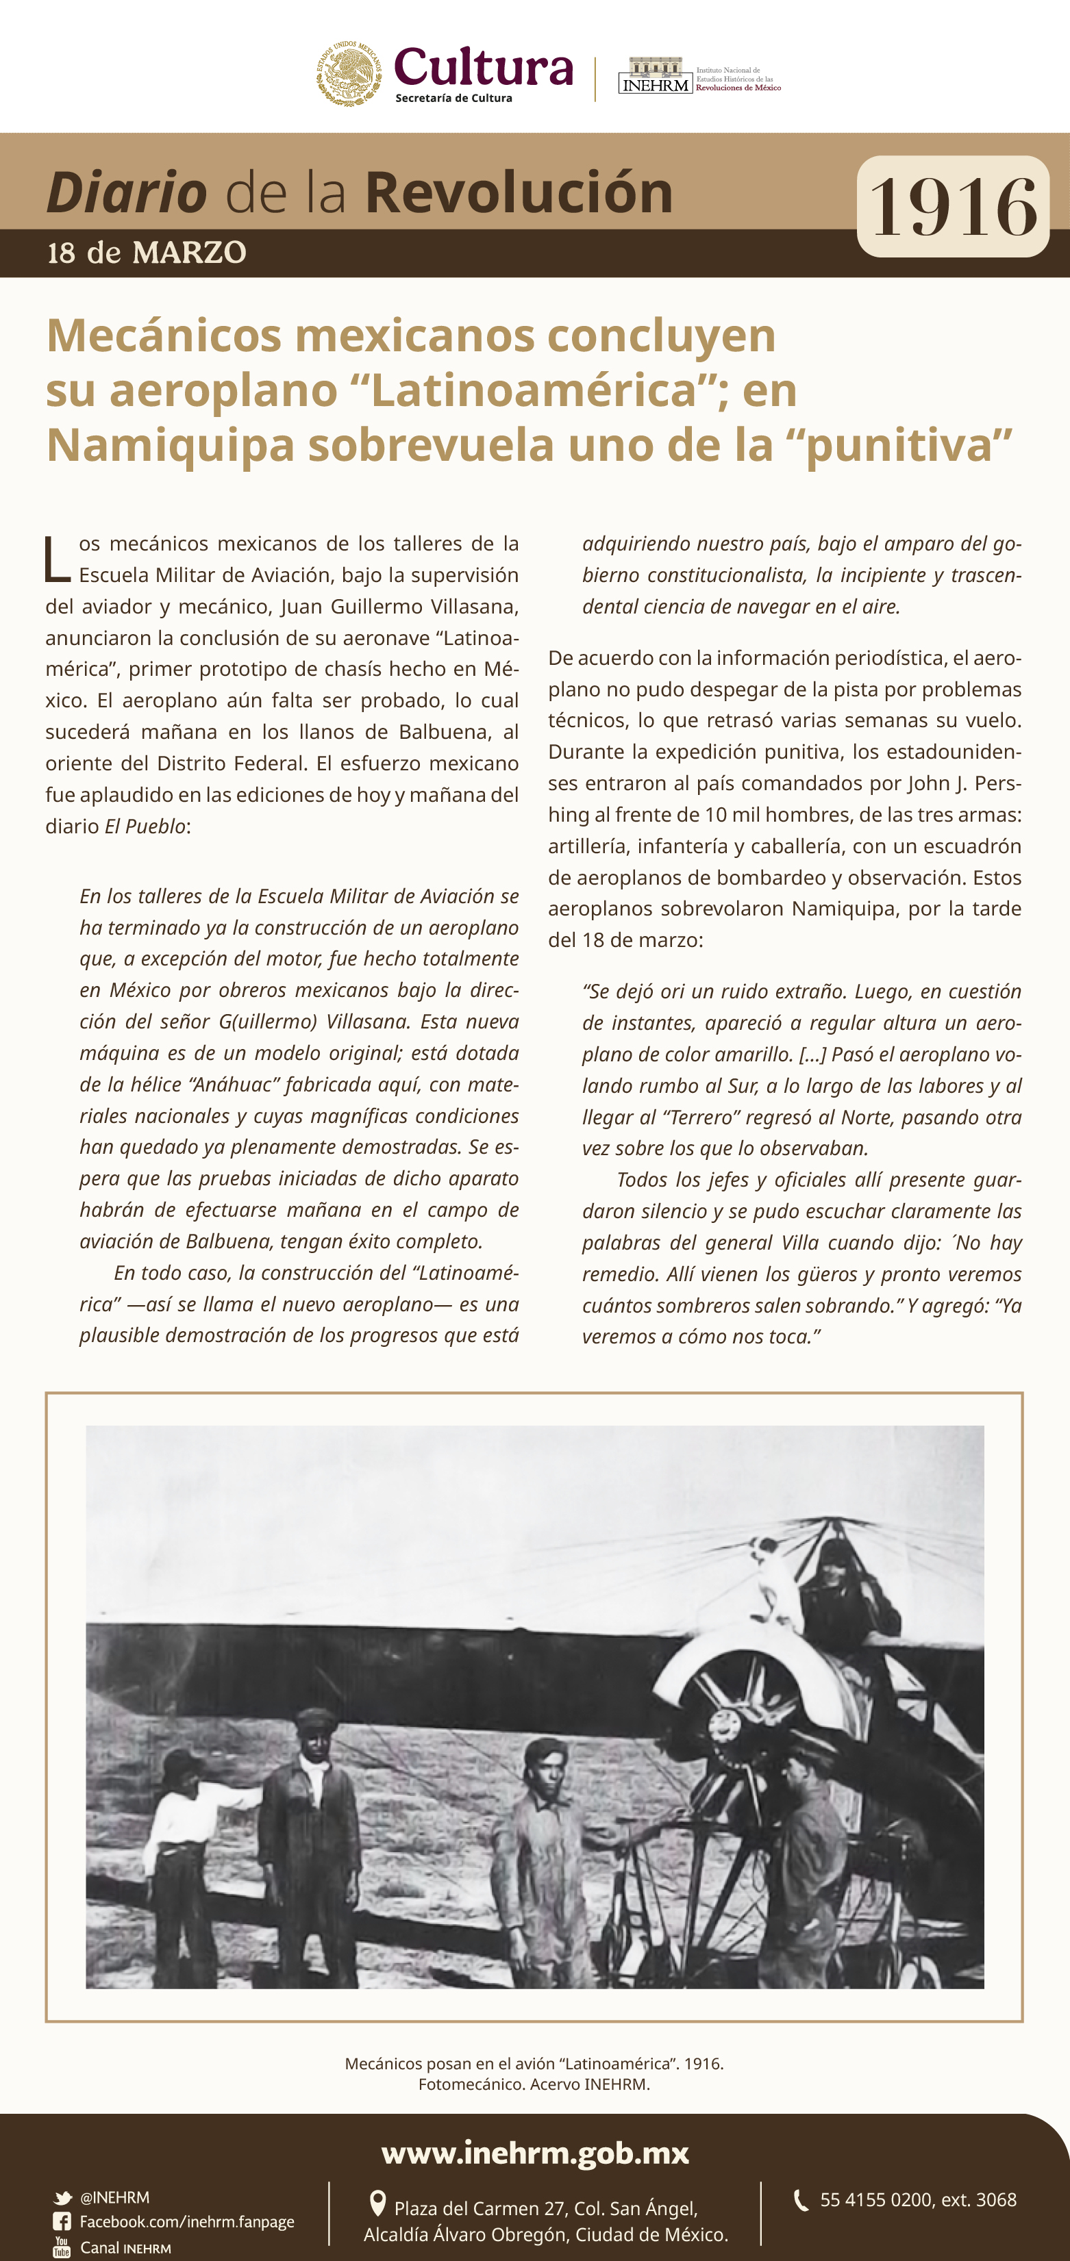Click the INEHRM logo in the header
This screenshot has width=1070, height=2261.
point(655,77)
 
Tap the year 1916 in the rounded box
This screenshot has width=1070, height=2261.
point(952,207)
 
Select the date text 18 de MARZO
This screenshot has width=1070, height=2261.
point(147,253)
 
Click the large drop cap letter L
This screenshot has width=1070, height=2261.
point(57,559)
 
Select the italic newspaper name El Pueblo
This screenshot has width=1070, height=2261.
point(145,826)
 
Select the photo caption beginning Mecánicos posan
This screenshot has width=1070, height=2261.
point(534,2073)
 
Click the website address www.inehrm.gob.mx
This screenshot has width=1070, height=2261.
point(534,2153)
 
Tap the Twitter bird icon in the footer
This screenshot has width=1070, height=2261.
point(62,2198)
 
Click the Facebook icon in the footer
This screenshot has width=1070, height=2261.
point(62,2221)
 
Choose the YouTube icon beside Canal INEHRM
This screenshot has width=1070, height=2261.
point(62,2247)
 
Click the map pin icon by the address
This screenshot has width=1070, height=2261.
point(377,2203)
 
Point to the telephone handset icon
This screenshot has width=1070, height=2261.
point(801,2199)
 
